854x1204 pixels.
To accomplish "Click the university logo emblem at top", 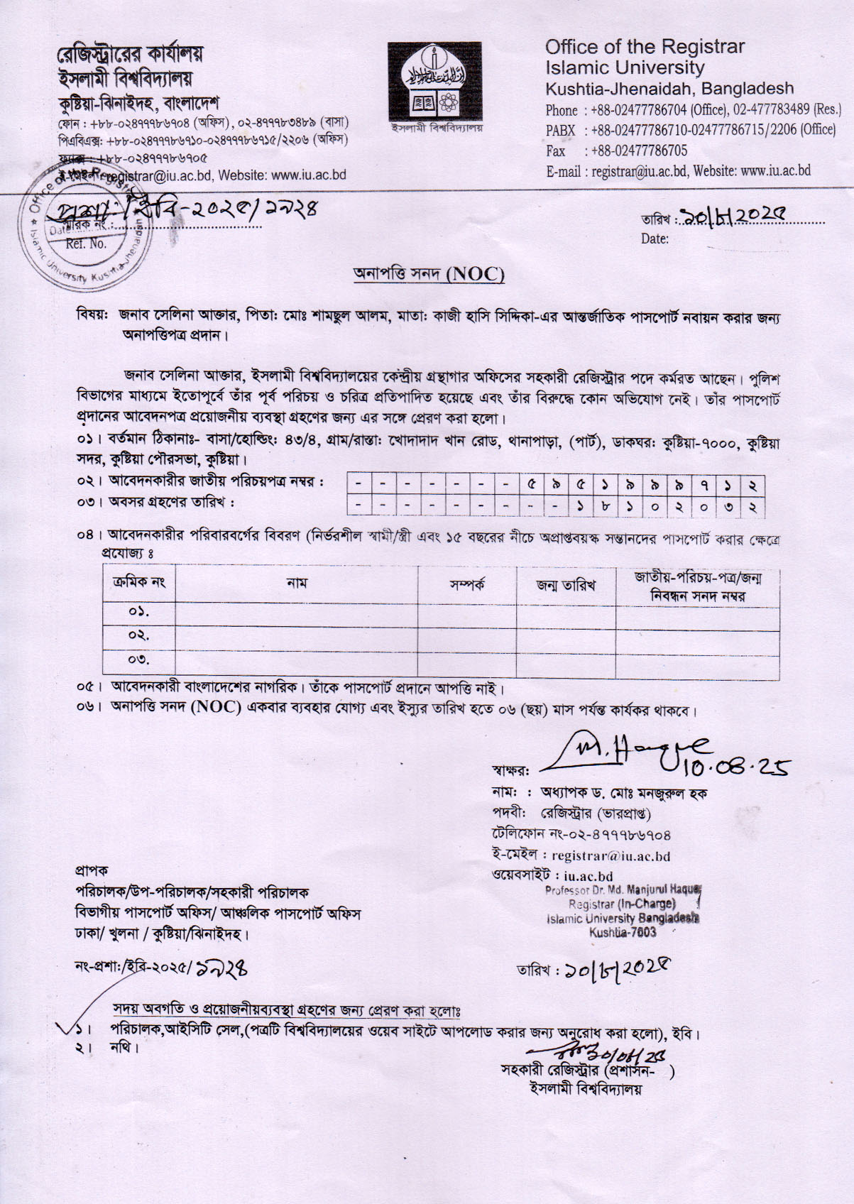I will [x=434, y=81].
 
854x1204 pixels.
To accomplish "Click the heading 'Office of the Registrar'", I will [x=645, y=47].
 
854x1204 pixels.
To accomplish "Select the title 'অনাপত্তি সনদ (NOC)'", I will [x=429, y=274].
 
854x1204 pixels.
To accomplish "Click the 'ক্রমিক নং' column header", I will [x=139, y=584].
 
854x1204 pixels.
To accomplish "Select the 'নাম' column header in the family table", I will [x=296, y=584].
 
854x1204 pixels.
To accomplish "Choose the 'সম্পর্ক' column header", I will [x=466, y=586].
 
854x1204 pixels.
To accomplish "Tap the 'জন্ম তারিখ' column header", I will [x=565, y=586].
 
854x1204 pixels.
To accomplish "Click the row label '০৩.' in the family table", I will [x=139, y=661].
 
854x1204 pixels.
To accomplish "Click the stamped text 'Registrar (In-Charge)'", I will [x=621, y=904].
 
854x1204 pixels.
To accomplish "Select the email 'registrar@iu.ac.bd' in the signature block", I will [x=611, y=856].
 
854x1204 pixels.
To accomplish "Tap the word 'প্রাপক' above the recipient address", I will [x=92, y=870].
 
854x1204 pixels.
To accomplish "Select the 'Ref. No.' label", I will [x=86, y=243].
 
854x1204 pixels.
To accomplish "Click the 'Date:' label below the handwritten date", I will [x=654, y=239].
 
